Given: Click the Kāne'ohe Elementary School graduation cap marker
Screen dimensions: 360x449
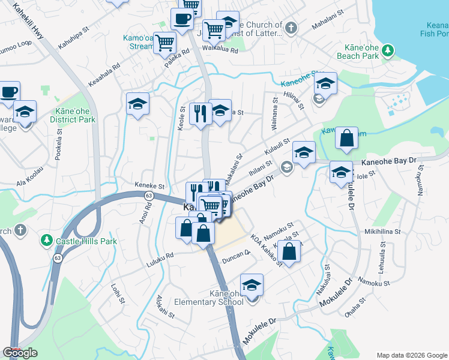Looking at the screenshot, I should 252,284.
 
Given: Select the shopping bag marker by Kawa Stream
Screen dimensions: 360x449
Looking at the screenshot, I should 347,138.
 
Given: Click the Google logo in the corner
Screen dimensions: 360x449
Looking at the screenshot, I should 20,353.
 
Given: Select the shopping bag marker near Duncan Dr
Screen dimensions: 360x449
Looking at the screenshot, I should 289,252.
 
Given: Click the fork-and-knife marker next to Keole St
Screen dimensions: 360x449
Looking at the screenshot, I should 200,113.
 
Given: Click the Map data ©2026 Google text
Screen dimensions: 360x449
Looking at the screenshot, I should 412,355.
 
